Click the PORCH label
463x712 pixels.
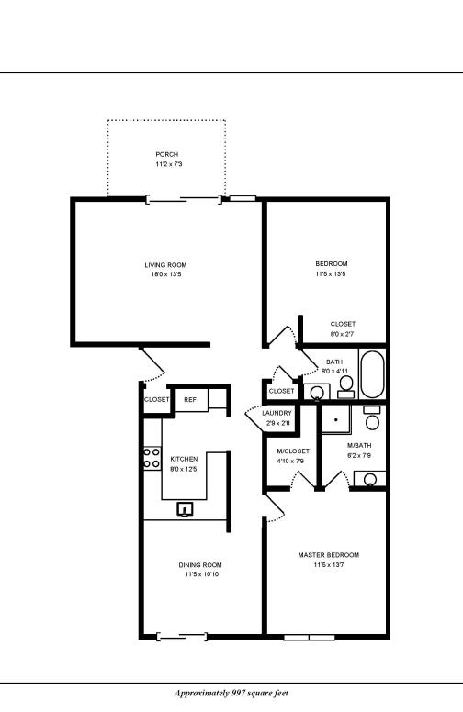pos(167,154)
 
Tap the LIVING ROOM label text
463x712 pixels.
pos(165,265)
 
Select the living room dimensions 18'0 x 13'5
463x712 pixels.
pos(165,275)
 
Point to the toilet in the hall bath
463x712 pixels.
pos(346,385)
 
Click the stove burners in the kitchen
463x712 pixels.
pos(152,458)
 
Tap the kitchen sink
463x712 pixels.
pos(186,508)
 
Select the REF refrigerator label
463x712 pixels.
pos(190,400)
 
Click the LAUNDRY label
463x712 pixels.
pos(277,414)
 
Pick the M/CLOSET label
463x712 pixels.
pos(293,451)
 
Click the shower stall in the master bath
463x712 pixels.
pos(338,420)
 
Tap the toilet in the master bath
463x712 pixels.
pos(372,418)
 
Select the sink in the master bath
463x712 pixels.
pos(369,478)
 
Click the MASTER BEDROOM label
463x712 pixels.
pos(328,555)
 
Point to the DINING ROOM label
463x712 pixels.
pos(199,565)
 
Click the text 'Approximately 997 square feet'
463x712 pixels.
pos(231,694)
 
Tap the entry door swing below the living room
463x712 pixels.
pos(152,366)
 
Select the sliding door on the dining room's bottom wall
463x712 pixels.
pos(181,636)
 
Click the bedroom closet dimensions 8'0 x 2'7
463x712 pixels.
pos(343,334)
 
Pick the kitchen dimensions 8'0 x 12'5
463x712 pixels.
pos(184,469)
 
